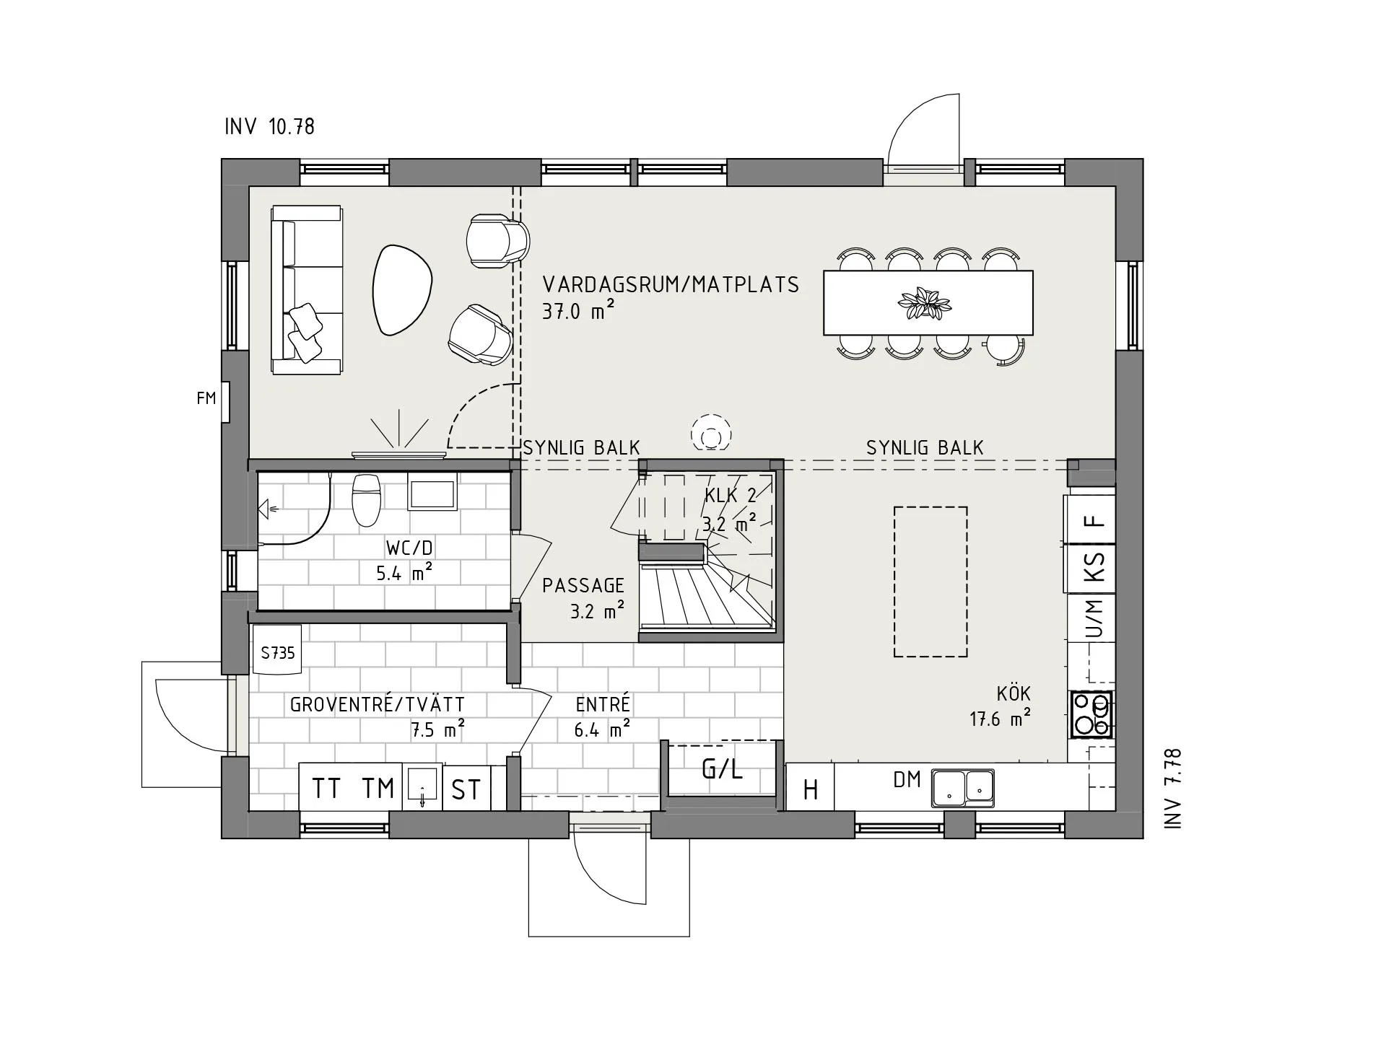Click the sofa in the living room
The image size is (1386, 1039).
[x=306, y=289]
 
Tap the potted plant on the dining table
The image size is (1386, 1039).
[x=924, y=303]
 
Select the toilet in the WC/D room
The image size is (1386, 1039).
[x=366, y=499]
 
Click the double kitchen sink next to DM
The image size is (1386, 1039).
[x=962, y=787]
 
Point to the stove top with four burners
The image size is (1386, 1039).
[x=1091, y=714]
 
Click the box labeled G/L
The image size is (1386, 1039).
[x=722, y=769]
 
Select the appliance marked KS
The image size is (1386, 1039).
[x=1094, y=567]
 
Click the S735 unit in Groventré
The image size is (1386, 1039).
[x=277, y=652]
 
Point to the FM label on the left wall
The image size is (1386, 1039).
[x=206, y=398]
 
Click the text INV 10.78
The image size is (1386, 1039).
[x=269, y=127]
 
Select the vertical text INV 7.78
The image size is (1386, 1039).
[x=1173, y=788]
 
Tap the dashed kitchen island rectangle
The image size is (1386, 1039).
[x=930, y=582]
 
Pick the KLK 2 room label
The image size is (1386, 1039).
[x=730, y=496]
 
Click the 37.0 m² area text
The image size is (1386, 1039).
[x=577, y=312]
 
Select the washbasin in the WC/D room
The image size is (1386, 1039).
[x=432, y=493]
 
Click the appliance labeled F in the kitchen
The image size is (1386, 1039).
[x=1094, y=520]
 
